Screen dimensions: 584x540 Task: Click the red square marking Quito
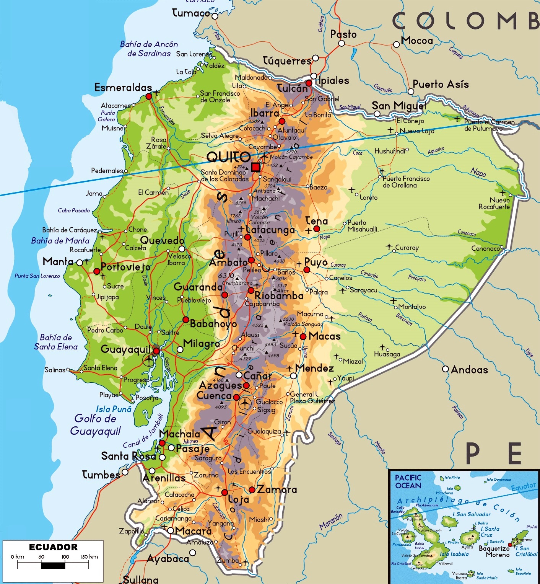(x=255, y=167)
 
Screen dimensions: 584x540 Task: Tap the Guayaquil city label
(x=125, y=349)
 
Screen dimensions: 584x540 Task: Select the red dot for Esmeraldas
(x=149, y=96)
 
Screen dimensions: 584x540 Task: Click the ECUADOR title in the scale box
(x=53, y=547)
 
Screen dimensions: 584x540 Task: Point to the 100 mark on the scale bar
(x=65, y=557)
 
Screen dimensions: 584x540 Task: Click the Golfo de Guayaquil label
(x=95, y=425)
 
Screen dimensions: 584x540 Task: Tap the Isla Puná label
(x=114, y=409)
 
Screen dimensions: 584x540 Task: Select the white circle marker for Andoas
(x=445, y=369)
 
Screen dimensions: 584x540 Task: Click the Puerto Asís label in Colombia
(x=441, y=84)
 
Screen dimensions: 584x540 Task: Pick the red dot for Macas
(x=303, y=336)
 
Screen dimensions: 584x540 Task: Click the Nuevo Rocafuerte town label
(x=494, y=203)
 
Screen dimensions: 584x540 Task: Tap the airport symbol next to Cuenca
(x=245, y=403)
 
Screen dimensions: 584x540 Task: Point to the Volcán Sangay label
(x=303, y=324)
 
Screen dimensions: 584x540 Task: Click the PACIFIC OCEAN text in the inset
(x=408, y=481)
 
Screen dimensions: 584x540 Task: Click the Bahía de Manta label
(x=60, y=241)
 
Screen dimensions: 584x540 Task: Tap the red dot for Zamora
(x=252, y=490)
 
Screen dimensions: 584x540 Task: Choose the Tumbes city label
(x=101, y=475)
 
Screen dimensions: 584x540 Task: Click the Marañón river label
(x=331, y=521)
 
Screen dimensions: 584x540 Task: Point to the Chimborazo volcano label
(x=237, y=283)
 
